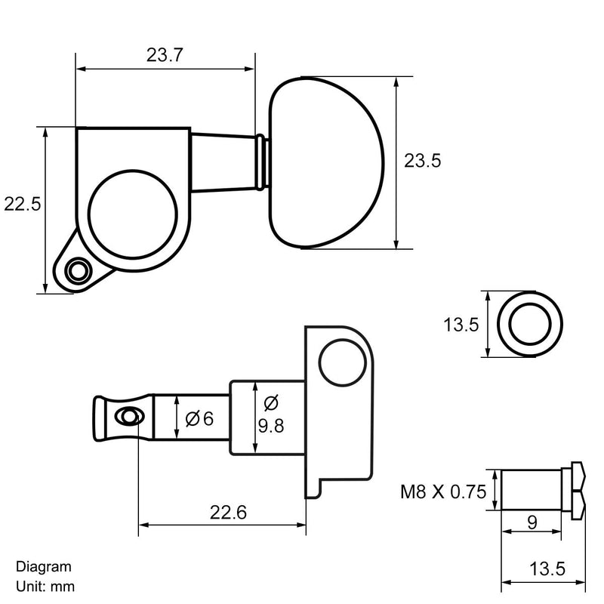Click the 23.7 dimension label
tap(165, 55)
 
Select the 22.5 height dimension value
tap(23, 204)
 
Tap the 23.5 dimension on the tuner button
tap(422, 160)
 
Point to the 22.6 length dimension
tap(228, 513)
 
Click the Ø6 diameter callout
tap(199, 418)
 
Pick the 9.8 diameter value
tap(271, 426)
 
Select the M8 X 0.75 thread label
tap(443, 492)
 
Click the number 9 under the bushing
tap(532, 522)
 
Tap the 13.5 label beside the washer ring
tap(461, 325)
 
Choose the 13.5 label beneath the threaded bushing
tap(547, 569)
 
